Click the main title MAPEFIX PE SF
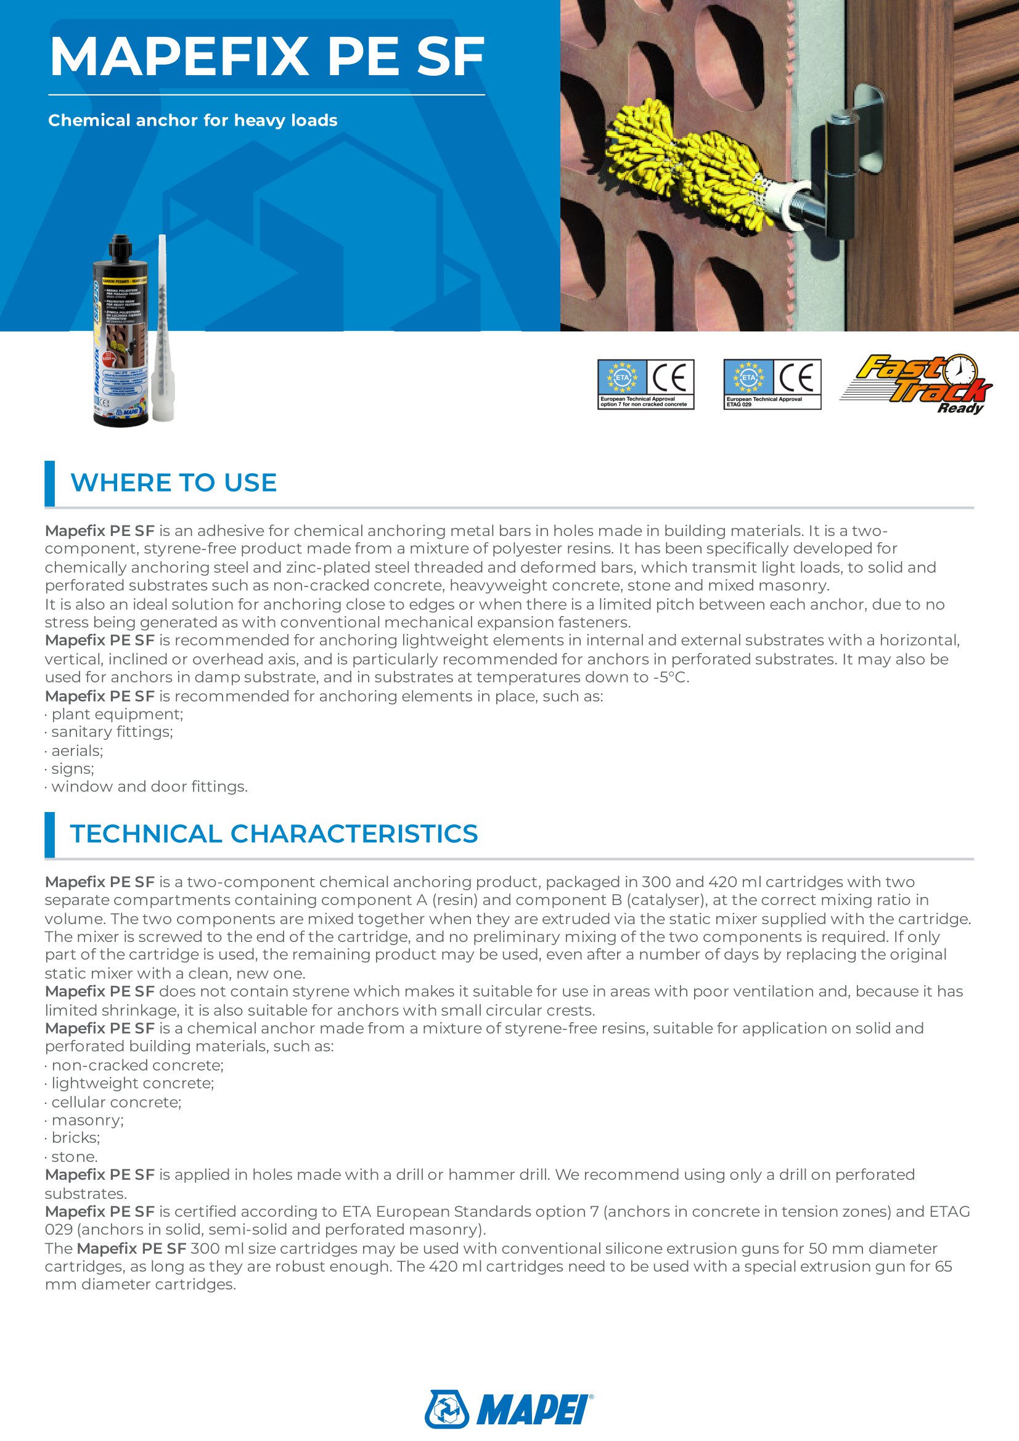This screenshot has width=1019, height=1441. (267, 57)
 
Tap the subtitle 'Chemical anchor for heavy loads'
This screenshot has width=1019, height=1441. (193, 121)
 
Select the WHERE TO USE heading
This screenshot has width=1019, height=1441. (173, 482)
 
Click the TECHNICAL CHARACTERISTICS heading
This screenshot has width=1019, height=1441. (274, 834)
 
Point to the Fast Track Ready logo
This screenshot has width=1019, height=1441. (916, 383)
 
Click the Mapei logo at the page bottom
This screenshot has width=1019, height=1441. (509, 1409)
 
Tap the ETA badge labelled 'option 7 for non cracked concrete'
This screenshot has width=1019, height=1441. (645, 384)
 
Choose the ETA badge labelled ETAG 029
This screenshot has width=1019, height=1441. (772, 384)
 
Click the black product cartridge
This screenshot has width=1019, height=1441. (121, 333)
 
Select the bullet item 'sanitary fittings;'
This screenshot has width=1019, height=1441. (112, 732)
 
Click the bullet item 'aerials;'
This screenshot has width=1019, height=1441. (76, 750)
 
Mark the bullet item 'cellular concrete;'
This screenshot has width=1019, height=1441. (116, 1102)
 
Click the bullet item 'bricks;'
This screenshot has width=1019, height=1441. (75, 1138)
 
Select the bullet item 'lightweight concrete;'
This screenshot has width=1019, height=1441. (133, 1083)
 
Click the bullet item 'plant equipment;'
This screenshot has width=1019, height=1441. (117, 714)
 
